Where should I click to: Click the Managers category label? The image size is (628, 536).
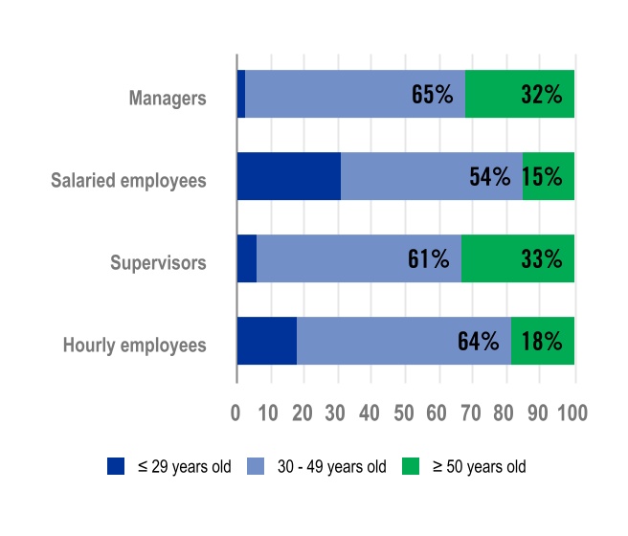click(168, 98)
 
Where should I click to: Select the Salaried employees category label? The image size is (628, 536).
click(128, 180)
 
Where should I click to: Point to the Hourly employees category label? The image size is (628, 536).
click(135, 345)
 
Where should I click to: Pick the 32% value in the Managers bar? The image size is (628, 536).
click(541, 94)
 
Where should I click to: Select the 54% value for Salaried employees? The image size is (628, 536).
click(490, 176)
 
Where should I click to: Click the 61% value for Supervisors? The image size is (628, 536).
click(428, 258)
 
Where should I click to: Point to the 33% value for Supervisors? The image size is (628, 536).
click(541, 258)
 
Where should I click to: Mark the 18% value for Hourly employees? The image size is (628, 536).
click(541, 341)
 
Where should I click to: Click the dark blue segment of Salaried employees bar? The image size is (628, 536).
click(289, 176)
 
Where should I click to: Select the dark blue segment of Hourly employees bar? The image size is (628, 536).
click(267, 341)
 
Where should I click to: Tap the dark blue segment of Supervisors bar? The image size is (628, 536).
click(247, 258)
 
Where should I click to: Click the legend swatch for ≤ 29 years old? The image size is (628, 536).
click(116, 466)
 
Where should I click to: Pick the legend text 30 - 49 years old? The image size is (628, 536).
click(331, 467)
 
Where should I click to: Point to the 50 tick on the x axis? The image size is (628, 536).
click(405, 413)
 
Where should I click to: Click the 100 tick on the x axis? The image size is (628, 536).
click(572, 413)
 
